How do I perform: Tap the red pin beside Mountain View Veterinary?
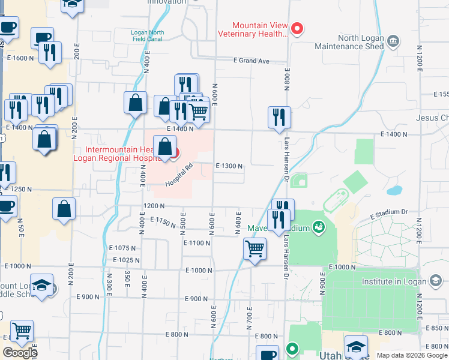point(297,28)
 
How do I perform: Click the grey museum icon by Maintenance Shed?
point(394,41)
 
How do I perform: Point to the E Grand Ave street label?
point(252,61)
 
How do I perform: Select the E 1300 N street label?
point(229,166)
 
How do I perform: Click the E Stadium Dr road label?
point(388,213)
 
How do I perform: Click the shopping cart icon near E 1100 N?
point(255,247)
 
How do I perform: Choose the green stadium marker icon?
point(318,227)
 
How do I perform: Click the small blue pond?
point(394,191)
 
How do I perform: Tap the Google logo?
point(20,353)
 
